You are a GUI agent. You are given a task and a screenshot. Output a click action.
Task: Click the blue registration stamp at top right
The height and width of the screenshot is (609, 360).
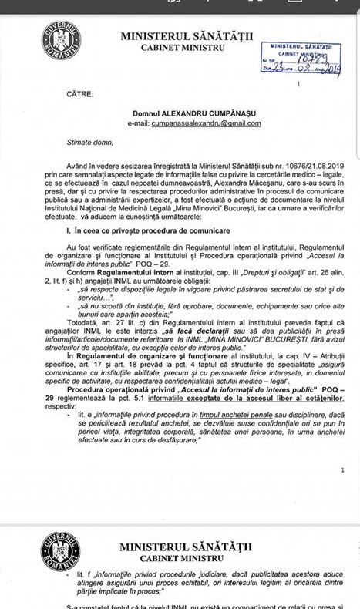click(290, 57)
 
